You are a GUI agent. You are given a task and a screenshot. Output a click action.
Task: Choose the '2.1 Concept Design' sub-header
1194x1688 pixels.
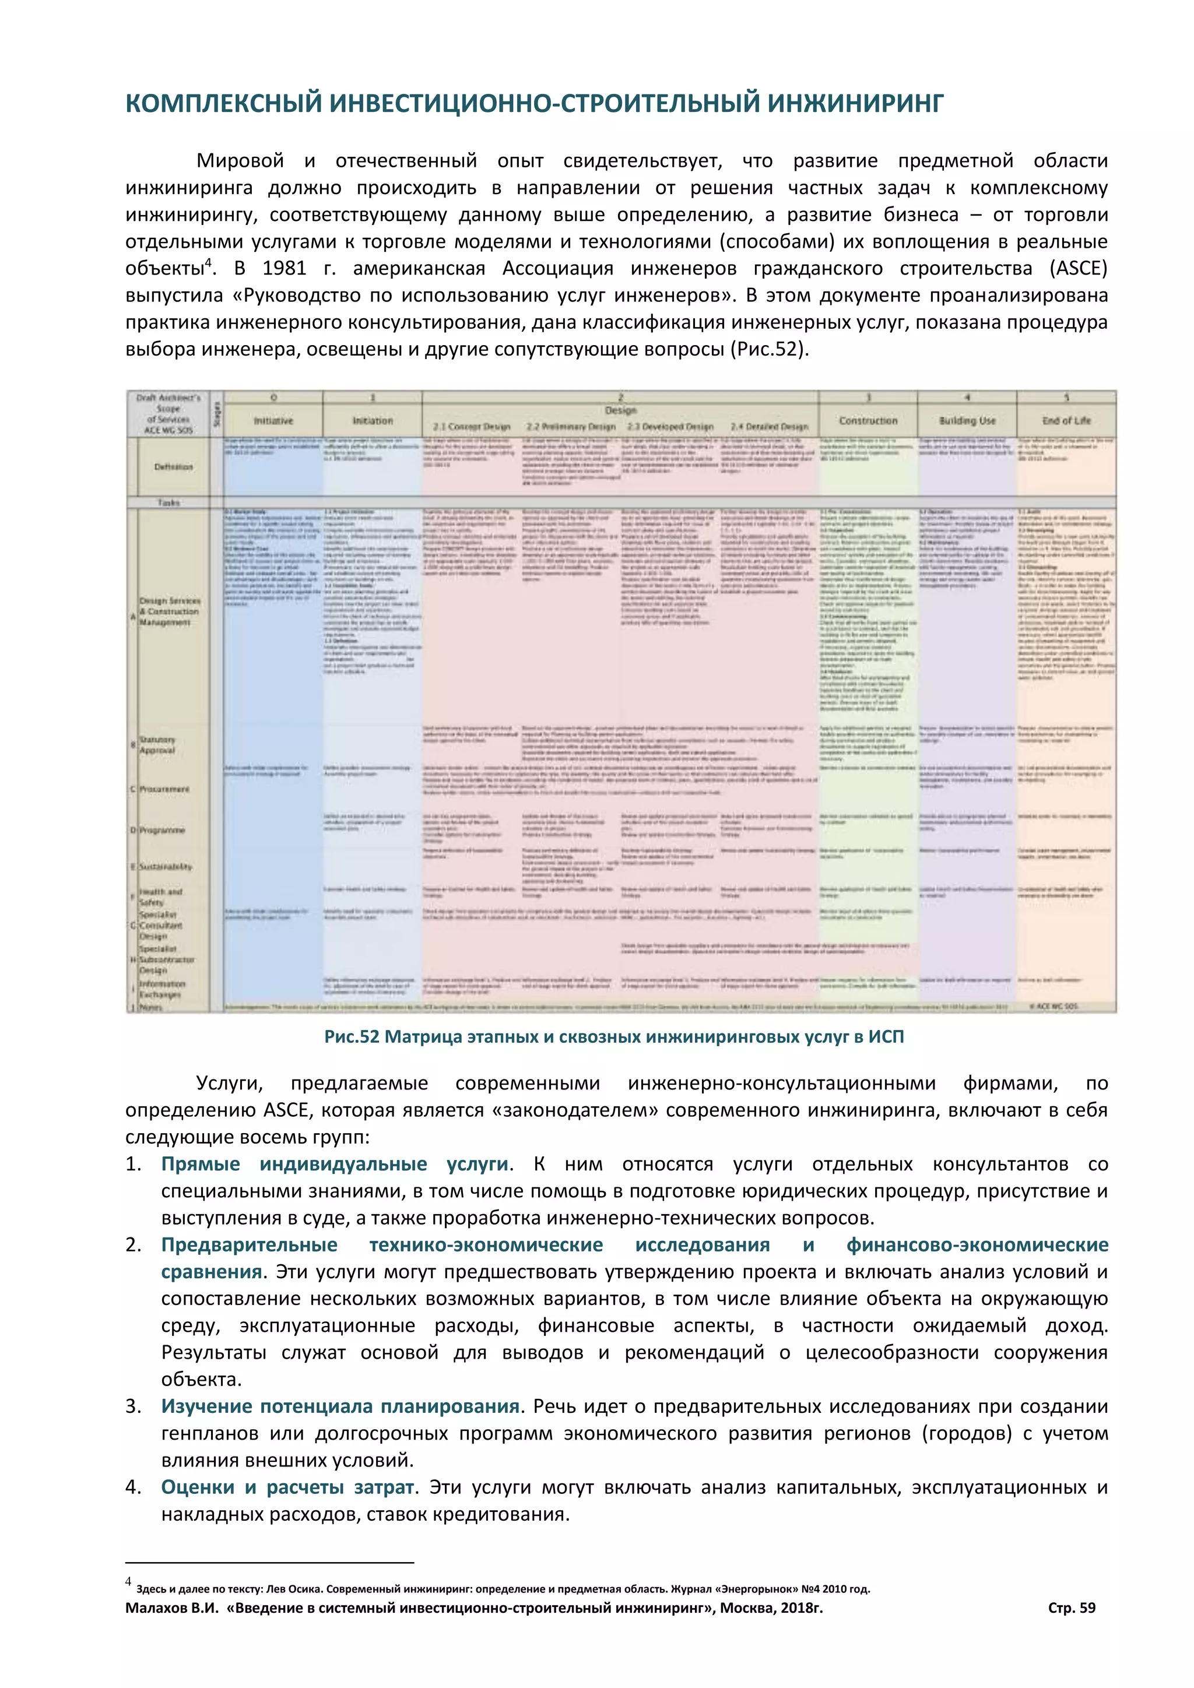coord(471,427)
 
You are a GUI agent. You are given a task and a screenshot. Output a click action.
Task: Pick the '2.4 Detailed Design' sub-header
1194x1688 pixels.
coord(769,427)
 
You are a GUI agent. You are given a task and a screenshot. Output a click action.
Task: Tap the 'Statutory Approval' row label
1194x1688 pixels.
coord(157,745)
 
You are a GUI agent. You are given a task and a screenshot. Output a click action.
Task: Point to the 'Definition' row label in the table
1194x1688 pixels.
coord(174,467)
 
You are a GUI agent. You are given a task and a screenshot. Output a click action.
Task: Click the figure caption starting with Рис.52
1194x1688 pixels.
coord(614,1036)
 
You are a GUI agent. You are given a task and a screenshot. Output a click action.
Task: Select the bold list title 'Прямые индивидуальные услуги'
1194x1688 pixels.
coord(335,1164)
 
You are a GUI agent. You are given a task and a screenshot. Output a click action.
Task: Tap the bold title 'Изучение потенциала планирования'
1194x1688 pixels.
coord(340,1406)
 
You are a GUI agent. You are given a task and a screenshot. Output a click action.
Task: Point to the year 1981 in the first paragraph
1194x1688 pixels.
coord(284,268)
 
